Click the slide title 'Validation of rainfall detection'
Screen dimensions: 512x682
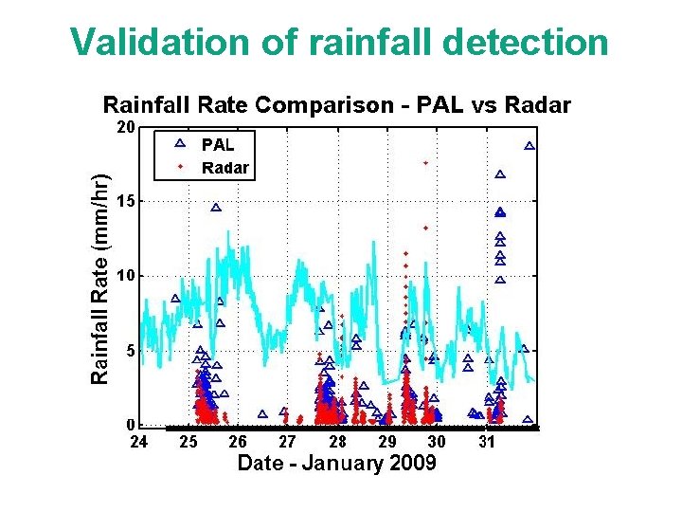pos(340,42)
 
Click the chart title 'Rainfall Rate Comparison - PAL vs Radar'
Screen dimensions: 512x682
pos(336,104)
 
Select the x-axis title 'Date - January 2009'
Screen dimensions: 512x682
pos(336,463)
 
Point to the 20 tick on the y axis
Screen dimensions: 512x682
pos(125,126)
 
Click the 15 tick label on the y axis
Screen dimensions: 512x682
pos(125,201)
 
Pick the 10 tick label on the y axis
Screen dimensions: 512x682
pos(125,276)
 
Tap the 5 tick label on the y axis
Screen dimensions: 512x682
pos(130,350)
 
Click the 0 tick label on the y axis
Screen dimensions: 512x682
pos(130,424)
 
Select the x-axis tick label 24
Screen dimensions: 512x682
pos(138,442)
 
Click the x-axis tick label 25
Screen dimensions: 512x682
pos(188,442)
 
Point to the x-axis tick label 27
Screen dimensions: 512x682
pos(287,442)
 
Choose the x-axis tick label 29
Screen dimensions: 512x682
pos(386,442)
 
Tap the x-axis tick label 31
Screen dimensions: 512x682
pos(486,442)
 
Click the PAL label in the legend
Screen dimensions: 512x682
pos(217,145)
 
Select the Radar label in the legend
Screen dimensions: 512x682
pos(225,168)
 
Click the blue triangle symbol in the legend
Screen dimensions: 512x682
pos(180,144)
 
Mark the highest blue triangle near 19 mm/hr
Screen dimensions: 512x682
pos(529,146)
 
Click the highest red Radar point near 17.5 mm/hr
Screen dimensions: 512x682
pos(425,163)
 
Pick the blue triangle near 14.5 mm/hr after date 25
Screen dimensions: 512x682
pos(216,208)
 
